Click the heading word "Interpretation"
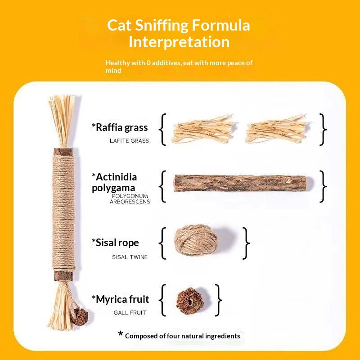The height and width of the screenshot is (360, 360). tap(179, 42)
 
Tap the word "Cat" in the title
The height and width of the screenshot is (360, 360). tap(119, 25)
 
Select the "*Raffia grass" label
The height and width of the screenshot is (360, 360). tap(120, 127)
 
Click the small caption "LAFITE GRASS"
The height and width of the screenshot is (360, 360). tap(129, 141)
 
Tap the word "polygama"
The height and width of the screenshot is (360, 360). tap(113, 188)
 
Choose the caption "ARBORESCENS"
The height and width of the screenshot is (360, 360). tap(130, 202)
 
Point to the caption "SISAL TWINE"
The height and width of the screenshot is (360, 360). tap(130, 257)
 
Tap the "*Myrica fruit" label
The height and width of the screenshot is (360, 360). tap(120, 299)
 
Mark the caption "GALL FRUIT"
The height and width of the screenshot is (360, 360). tap(130, 312)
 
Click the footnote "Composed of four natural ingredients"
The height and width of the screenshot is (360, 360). tap(182, 336)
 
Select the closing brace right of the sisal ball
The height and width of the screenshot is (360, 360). tap(246, 243)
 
